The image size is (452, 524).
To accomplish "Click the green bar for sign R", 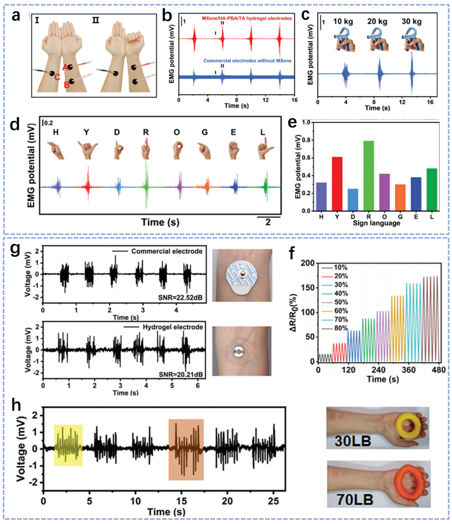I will [369, 176].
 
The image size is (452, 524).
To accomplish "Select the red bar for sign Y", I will [337, 184].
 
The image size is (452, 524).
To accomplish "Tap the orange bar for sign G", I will [400, 197].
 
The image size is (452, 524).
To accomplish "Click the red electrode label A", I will [65, 67].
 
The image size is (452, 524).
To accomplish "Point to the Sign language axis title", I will [376, 223].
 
